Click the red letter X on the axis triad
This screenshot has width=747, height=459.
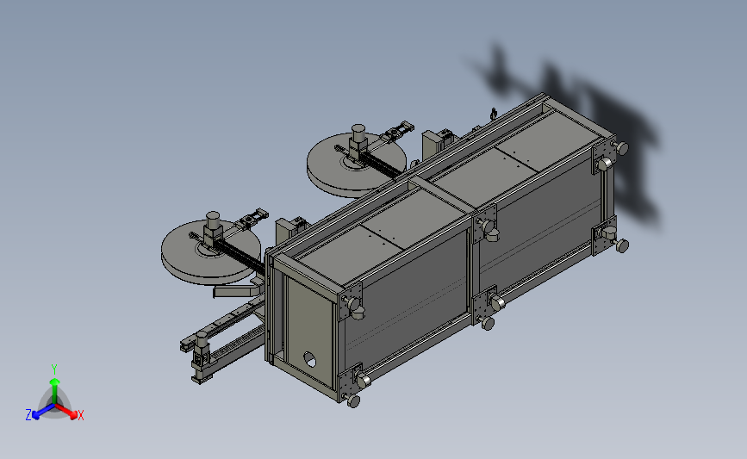[x=80, y=415]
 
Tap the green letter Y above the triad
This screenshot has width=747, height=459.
[x=54, y=369]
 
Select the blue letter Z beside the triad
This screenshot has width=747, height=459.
[x=28, y=415]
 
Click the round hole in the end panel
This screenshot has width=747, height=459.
[x=309, y=359]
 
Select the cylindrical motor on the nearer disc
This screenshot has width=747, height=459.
[x=213, y=221]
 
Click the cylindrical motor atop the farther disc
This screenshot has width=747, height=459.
[x=358, y=133]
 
